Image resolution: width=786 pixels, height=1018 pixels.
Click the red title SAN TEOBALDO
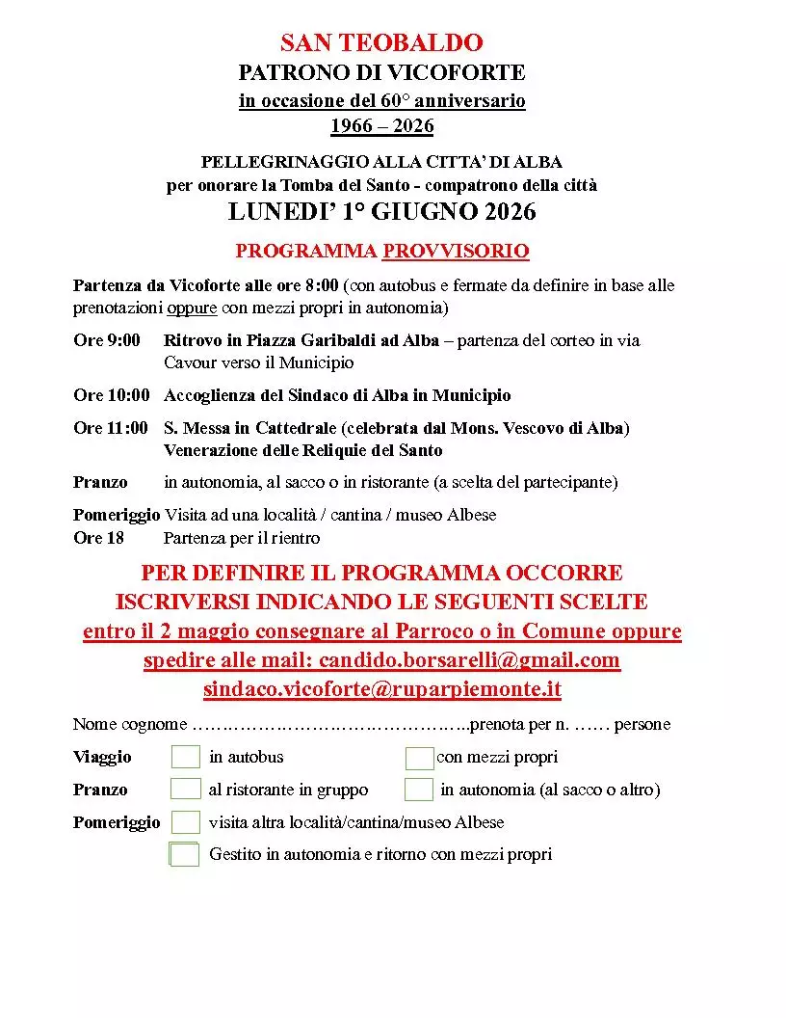tap(381, 42)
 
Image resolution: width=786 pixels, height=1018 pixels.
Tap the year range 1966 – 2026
tap(381, 126)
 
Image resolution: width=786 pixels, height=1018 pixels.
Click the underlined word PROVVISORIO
tap(456, 252)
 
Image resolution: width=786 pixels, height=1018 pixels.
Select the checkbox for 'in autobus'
tap(186, 757)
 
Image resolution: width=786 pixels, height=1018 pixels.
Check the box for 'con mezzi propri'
tap(419, 758)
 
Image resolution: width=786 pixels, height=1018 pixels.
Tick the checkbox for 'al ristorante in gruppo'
tap(186, 790)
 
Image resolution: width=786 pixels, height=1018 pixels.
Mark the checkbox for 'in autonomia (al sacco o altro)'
tap(419, 790)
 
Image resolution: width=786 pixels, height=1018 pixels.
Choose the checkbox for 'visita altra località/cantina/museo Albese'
tap(186, 822)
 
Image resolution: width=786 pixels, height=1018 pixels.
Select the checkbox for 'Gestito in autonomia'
tap(185, 854)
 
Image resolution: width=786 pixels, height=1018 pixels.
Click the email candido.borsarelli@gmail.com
tap(469, 660)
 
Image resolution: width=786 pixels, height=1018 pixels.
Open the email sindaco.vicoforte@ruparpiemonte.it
tap(381, 689)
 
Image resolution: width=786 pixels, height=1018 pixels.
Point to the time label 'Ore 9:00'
tap(106, 340)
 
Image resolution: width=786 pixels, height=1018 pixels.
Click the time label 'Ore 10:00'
tap(112, 395)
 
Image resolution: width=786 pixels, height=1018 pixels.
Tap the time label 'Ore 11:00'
tap(111, 428)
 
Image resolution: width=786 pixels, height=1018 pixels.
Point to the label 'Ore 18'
tap(98, 538)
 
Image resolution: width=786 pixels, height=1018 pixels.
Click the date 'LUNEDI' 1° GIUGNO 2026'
tap(381, 212)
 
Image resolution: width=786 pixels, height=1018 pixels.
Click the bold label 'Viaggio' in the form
tap(102, 757)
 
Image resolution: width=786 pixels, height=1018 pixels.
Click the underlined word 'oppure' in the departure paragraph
tap(193, 308)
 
